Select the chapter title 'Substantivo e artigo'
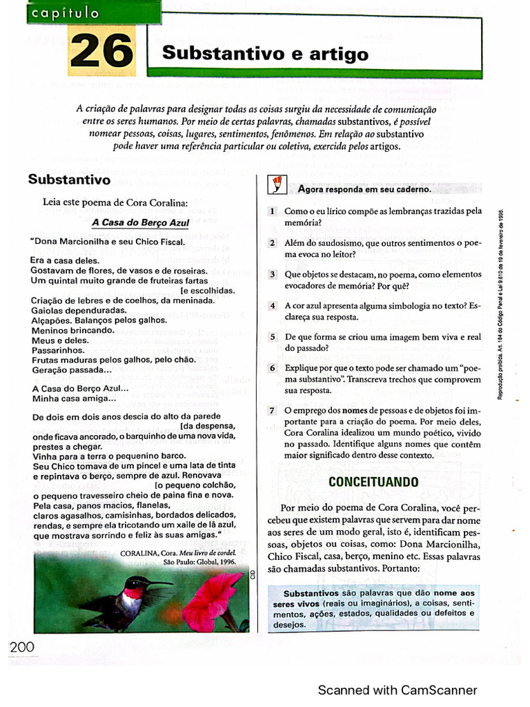click(265, 53)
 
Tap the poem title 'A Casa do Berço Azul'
click(141, 223)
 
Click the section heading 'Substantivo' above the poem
click(69, 180)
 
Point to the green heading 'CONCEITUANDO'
click(373, 481)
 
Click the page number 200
click(22, 647)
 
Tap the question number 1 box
click(273, 211)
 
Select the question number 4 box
click(273, 305)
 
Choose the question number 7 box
click(273, 411)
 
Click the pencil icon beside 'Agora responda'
click(276, 184)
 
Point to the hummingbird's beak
click(159, 584)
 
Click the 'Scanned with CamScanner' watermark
click(397, 690)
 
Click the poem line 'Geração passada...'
click(72, 370)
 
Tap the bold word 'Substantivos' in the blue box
click(311, 593)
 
